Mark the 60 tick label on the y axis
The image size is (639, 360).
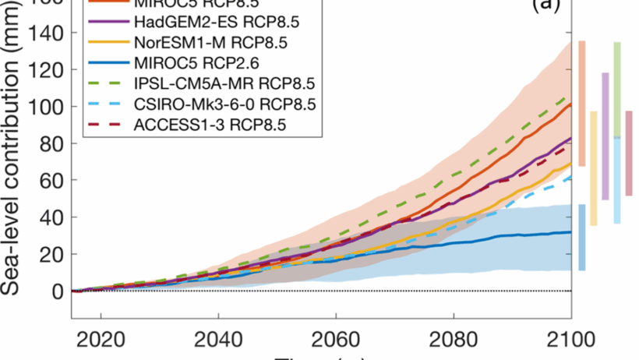tap(52, 180)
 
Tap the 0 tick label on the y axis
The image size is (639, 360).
tap(57, 291)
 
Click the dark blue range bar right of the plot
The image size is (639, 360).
tap(582, 237)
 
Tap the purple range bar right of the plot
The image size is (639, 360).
tap(605, 136)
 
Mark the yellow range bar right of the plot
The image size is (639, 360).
tap(593, 168)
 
